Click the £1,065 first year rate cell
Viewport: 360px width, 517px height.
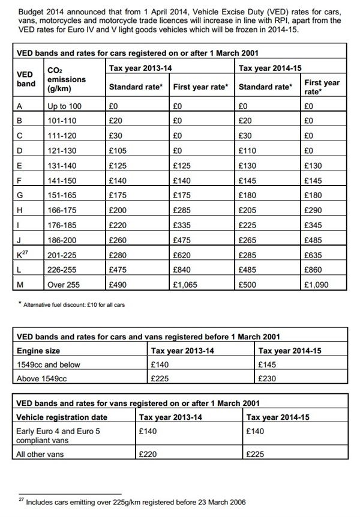point(185,285)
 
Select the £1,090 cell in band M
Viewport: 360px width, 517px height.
point(316,285)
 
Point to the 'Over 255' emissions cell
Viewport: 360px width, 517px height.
point(64,285)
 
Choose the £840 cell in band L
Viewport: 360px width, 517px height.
point(181,270)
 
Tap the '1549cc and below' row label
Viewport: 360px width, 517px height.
point(48,364)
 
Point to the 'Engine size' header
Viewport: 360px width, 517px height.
point(38,351)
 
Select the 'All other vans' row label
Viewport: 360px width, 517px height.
point(40,455)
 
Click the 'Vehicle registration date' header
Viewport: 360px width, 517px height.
point(62,417)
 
